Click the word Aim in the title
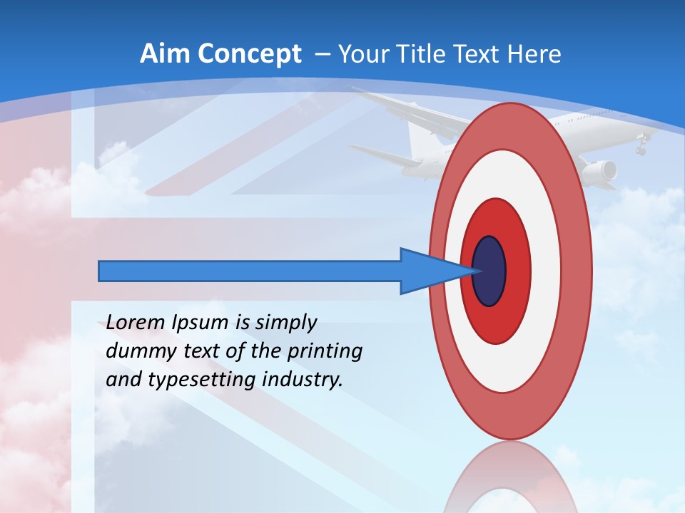pos(166,54)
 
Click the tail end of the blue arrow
pos(101,271)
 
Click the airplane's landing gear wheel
pos(641,150)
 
